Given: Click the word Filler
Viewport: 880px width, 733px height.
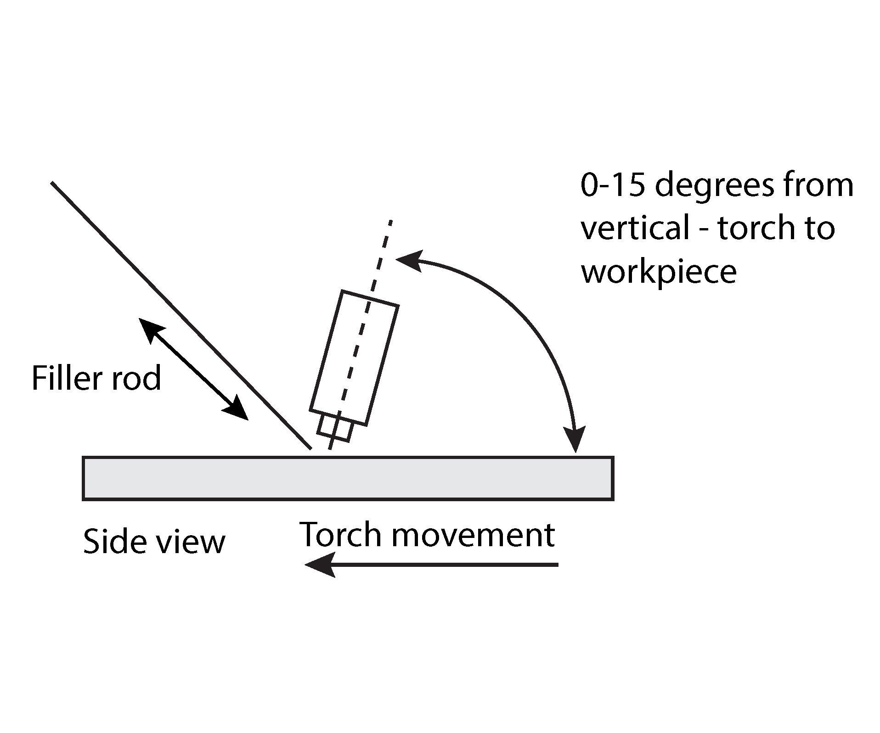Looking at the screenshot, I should pos(67,378).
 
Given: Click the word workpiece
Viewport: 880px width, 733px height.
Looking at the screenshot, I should pos(659,272).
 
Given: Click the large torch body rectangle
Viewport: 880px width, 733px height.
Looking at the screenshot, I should pos(354,358).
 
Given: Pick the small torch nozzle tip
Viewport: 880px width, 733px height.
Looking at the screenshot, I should pos(335,428).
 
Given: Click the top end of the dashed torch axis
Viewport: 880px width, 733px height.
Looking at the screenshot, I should pos(390,222).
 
